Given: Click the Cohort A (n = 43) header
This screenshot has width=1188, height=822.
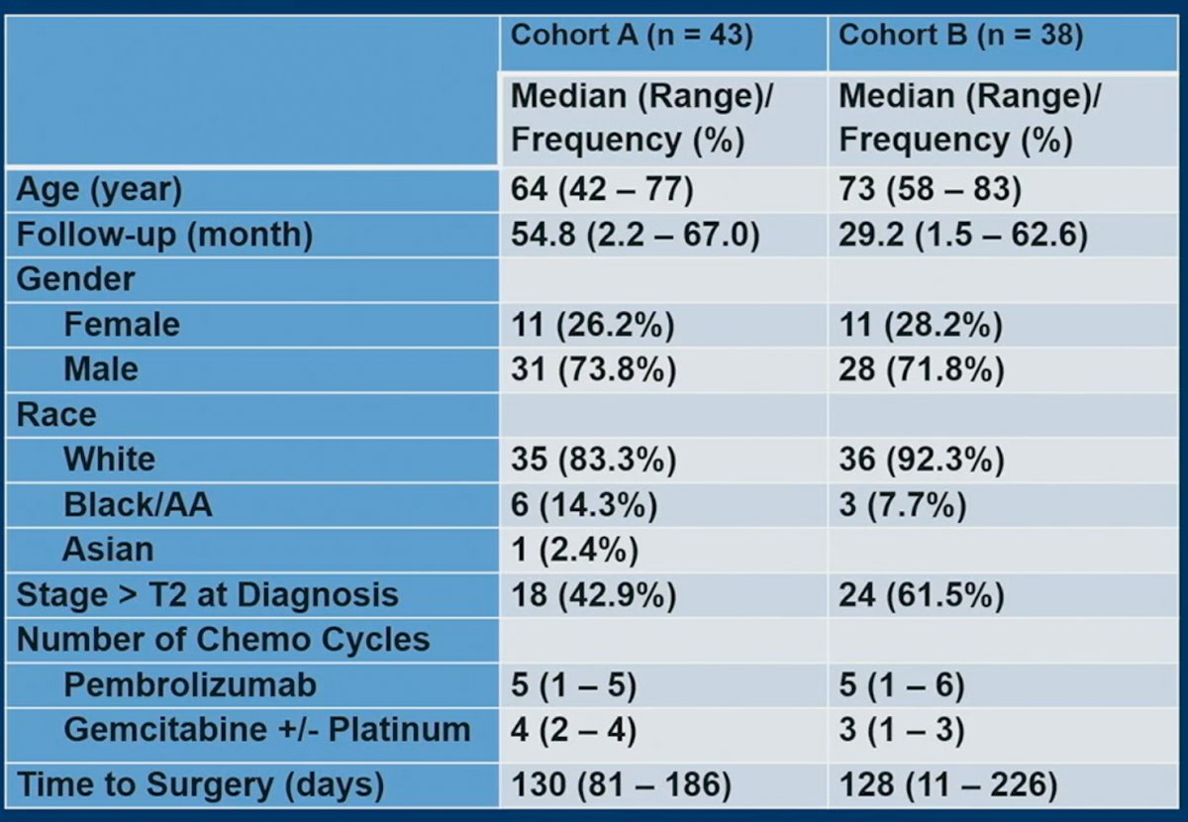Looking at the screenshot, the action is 632,36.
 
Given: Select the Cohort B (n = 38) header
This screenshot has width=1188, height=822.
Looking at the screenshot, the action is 960,36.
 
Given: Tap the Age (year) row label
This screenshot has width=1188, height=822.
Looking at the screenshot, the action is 99,190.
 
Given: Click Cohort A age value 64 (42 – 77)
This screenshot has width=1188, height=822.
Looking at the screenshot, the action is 602,189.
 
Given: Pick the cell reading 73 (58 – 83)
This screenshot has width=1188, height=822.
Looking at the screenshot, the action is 931,189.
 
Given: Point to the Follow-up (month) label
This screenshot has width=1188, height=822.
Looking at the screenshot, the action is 165,235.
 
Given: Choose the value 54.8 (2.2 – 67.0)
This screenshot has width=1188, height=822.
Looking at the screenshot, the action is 636,235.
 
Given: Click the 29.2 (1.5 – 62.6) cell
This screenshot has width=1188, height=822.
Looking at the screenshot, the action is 963,235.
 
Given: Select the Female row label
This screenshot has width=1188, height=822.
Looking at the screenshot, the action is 122,324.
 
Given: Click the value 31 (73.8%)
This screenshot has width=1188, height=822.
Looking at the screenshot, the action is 594,369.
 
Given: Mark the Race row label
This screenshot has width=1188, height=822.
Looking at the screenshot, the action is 56,414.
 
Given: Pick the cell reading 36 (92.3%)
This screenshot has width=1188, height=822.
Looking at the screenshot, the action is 922,459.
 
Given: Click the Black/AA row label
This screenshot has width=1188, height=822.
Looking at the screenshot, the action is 138,504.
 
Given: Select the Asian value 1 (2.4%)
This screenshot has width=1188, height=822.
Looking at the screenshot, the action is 575,550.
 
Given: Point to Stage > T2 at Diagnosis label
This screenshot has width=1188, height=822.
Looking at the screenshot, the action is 207,595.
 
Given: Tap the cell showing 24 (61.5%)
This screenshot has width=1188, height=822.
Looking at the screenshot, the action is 922,595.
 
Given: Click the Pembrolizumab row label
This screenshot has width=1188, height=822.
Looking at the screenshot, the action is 190,685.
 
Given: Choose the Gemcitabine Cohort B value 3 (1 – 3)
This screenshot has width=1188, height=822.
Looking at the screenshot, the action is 902,730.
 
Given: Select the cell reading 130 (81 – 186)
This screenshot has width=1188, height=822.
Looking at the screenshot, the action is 621,784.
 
